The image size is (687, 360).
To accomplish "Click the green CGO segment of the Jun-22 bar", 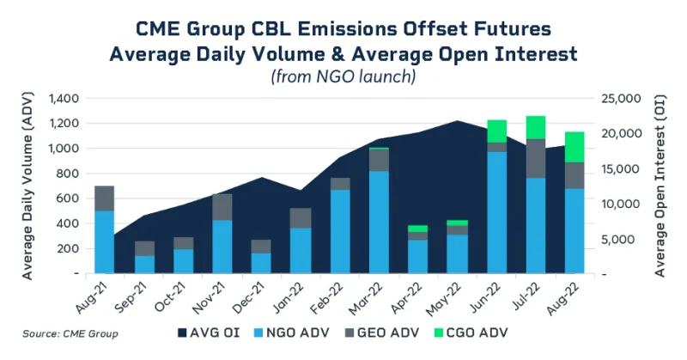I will pyautogui.click(x=496, y=131).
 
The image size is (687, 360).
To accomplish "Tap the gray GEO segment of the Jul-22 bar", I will pyautogui.click(x=535, y=158).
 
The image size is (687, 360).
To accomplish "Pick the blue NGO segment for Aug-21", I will pyautogui.click(x=105, y=241).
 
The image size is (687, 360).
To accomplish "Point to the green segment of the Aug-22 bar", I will pyautogui.click(x=575, y=147).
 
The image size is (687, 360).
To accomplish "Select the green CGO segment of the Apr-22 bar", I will pyautogui.click(x=418, y=229).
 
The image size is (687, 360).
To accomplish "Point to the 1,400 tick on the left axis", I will pyautogui.click(x=65, y=98).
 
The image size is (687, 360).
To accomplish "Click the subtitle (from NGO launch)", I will pyautogui.click(x=343, y=76).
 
